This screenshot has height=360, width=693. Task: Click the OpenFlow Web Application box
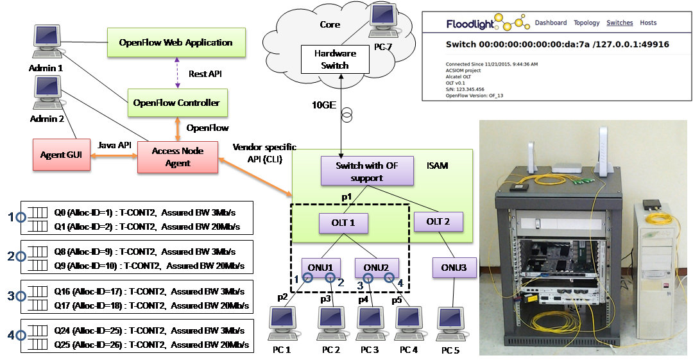coord(176,42)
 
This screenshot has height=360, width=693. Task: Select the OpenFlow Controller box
coord(176,103)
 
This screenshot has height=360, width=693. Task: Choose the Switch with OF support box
coord(357,171)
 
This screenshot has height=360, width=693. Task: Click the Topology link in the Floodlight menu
coord(586,23)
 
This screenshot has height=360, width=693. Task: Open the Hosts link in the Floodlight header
coord(648,23)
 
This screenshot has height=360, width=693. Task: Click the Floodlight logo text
coord(474,24)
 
